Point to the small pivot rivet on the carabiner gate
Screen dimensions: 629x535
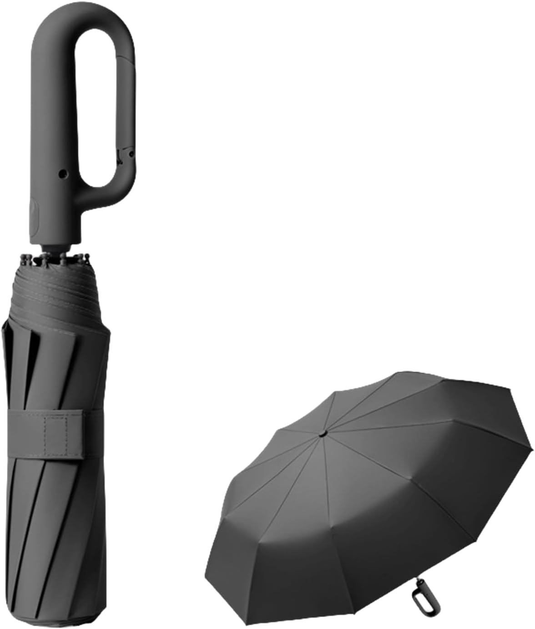click(132, 155)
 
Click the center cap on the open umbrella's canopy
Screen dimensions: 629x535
click(322, 433)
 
